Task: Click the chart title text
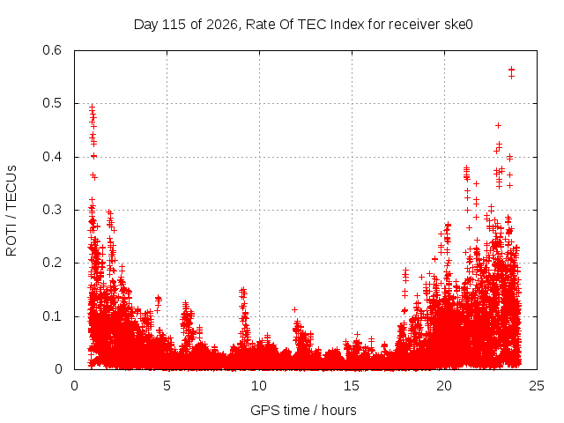(303, 25)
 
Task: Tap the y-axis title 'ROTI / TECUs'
(11, 211)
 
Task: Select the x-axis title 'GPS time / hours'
(303, 410)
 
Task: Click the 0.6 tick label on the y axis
(52, 50)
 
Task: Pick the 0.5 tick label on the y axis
(52, 103)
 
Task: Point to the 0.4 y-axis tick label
(52, 157)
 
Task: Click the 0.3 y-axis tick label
(52, 210)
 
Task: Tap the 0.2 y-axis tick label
(52, 263)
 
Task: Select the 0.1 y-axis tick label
(52, 316)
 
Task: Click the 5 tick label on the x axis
(167, 386)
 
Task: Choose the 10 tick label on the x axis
(259, 386)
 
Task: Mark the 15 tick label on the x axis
(352, 386)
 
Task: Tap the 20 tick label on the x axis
(444, 386)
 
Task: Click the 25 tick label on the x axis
(537, 386)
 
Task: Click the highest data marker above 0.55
(511, 70)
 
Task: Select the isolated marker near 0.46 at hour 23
(499, 125)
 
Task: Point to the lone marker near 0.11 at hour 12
(294, 309)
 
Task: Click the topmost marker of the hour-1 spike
(92, 107)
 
